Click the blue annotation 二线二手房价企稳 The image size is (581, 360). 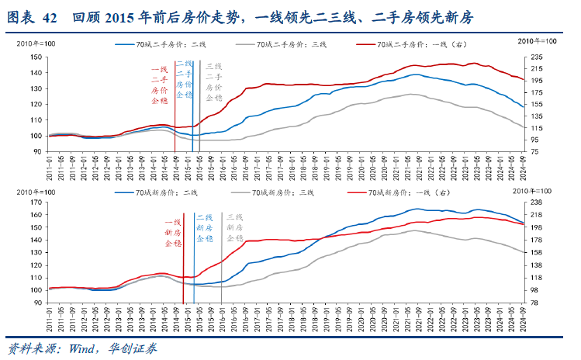point(184,78)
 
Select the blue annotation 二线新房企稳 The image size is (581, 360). point(204,229)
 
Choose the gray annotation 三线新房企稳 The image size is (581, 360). point(234,229)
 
